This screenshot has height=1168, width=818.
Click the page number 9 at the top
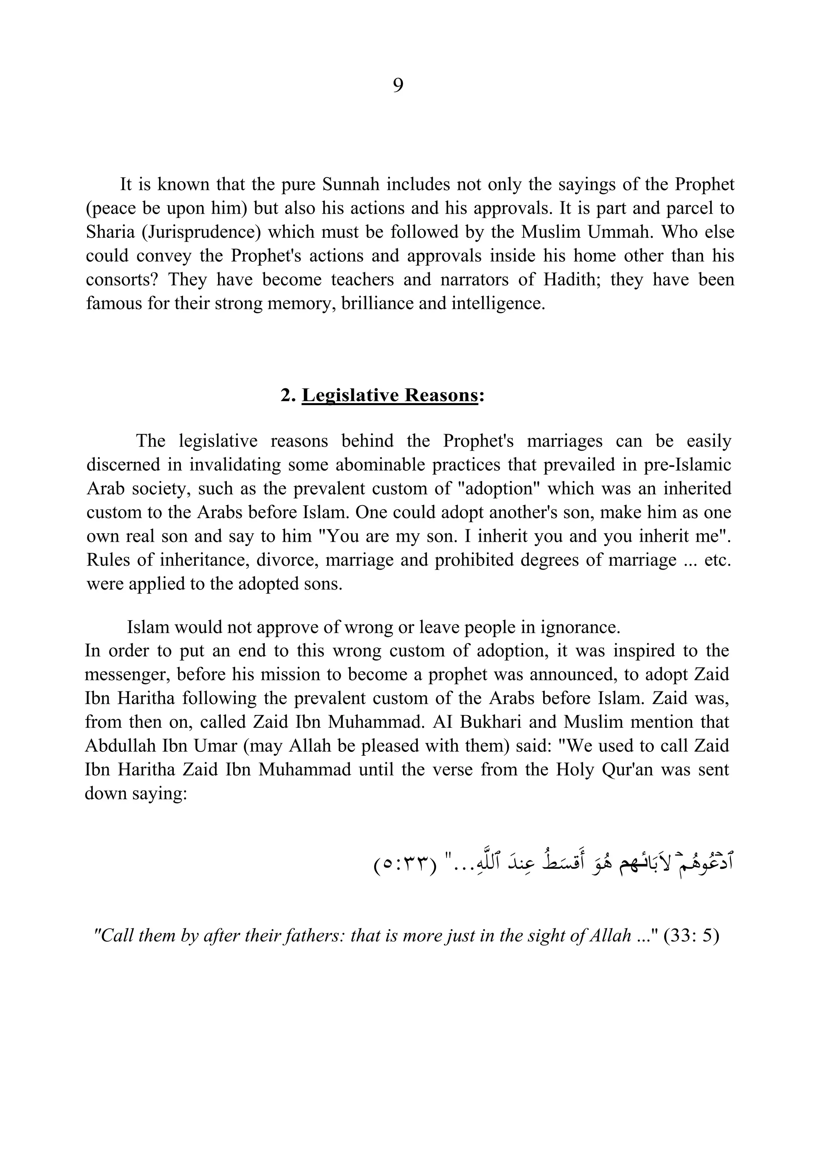point(398,85)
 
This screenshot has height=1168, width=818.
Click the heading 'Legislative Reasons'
point(390,395)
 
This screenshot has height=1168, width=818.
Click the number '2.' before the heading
point(288,395)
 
